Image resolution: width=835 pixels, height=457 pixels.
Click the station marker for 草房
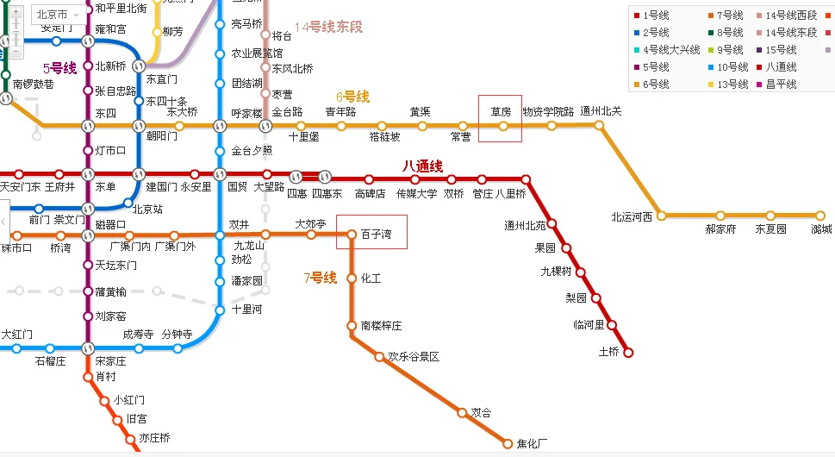point(503,126)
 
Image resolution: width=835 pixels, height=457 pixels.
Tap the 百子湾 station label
point(377,234)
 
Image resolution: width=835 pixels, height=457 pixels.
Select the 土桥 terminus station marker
point(628,352)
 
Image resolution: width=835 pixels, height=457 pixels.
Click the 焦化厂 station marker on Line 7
point(508,444)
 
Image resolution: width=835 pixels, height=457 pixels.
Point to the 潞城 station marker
point(820,216)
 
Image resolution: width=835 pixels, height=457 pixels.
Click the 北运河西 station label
point(632,216)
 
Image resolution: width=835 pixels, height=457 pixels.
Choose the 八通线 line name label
point(422,166)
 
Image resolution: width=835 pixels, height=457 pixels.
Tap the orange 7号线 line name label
point(320,278)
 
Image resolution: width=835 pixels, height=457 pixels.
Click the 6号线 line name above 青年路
point(352,97)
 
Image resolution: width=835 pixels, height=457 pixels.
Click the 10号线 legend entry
point(731,67)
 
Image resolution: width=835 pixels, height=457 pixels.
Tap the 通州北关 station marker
point(600,125)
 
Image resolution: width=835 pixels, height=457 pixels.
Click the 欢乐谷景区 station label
point(414,356)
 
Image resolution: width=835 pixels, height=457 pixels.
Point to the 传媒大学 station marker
point(417,179)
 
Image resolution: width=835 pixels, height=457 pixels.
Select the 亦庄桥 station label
point(154,438)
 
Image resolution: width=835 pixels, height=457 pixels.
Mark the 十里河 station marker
point(220,310)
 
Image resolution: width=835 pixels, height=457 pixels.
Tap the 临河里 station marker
point(612,325)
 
